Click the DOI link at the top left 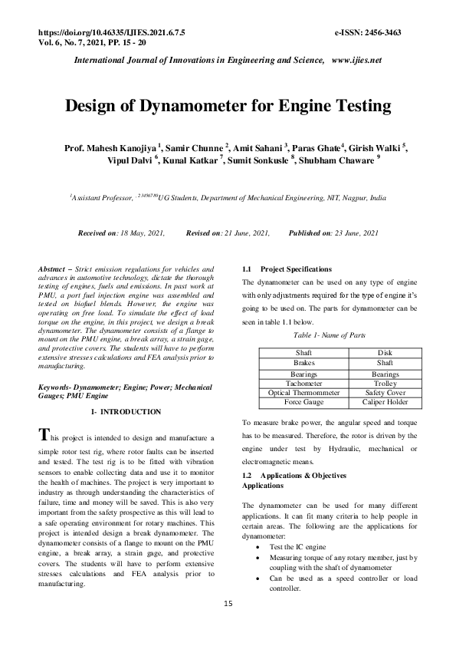pos(111,33)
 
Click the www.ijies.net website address pos(356,60)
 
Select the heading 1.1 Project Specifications pos(287,269)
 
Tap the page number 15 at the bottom pos(228,604)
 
